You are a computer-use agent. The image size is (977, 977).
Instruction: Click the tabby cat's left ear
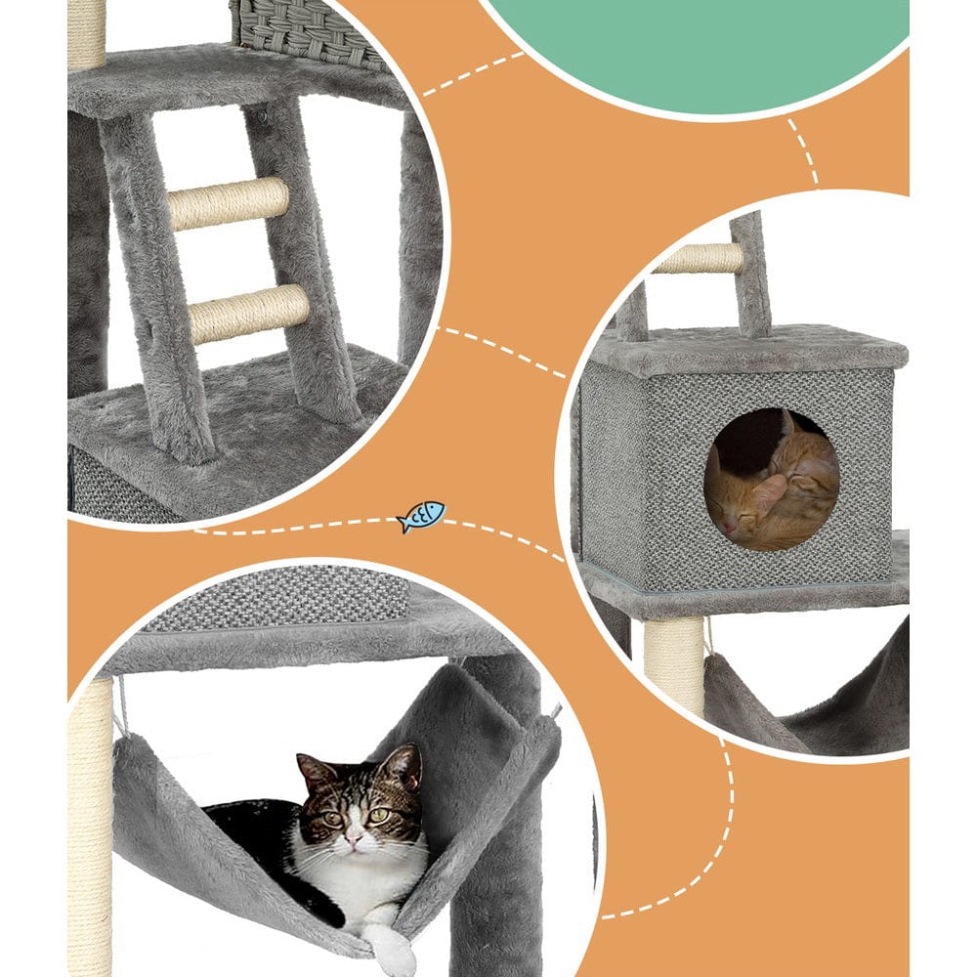coord(315,772)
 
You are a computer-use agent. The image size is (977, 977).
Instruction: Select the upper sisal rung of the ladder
coord(229,203)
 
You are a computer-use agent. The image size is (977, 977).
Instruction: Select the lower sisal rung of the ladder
coord(249,313)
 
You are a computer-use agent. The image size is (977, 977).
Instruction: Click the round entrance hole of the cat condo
coord(771,479)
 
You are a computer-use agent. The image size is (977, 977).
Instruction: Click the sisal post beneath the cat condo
coord(674,664)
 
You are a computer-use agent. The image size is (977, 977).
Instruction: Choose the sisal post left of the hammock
coord(90,830)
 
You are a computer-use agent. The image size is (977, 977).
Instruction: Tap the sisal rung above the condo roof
coord(698,258)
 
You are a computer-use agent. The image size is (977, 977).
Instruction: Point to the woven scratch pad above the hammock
coord(283,596)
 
